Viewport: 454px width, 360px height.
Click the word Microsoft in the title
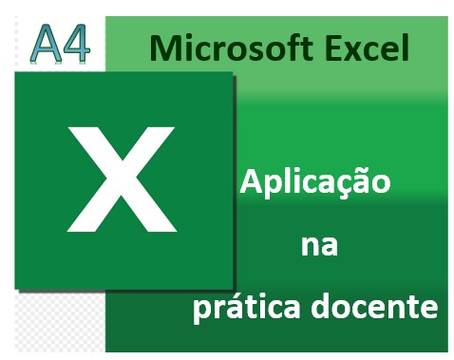(x=232, y=48)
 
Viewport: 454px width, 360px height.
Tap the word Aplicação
(x=315, y=183)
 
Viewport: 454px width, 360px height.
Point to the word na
(x=319, y=246)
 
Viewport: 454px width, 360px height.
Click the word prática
(x=247, y=306)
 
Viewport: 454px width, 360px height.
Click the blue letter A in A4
(x=46, y=44)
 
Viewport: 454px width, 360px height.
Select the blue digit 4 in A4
(x=76, y=44)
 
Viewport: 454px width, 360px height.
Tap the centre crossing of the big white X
(x=122, y=178)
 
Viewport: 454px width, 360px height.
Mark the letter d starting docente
(x=320, y=304)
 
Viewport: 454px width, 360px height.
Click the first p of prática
(x=202, y=311)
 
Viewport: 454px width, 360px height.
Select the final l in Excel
(x=406, y=47)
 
